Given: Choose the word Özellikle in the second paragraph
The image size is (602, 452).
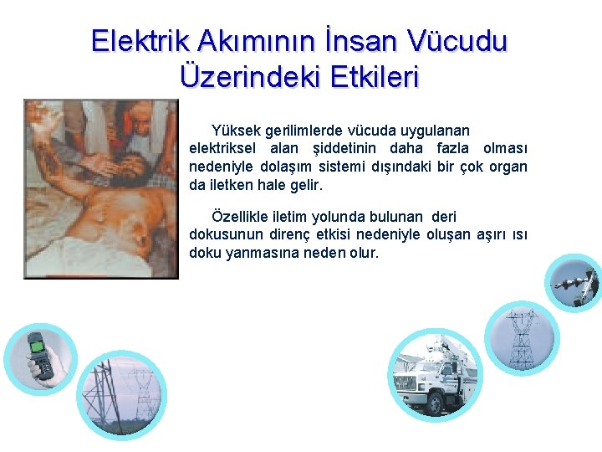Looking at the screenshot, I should coord(241,217).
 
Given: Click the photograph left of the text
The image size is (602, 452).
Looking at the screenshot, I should coord(100,188).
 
